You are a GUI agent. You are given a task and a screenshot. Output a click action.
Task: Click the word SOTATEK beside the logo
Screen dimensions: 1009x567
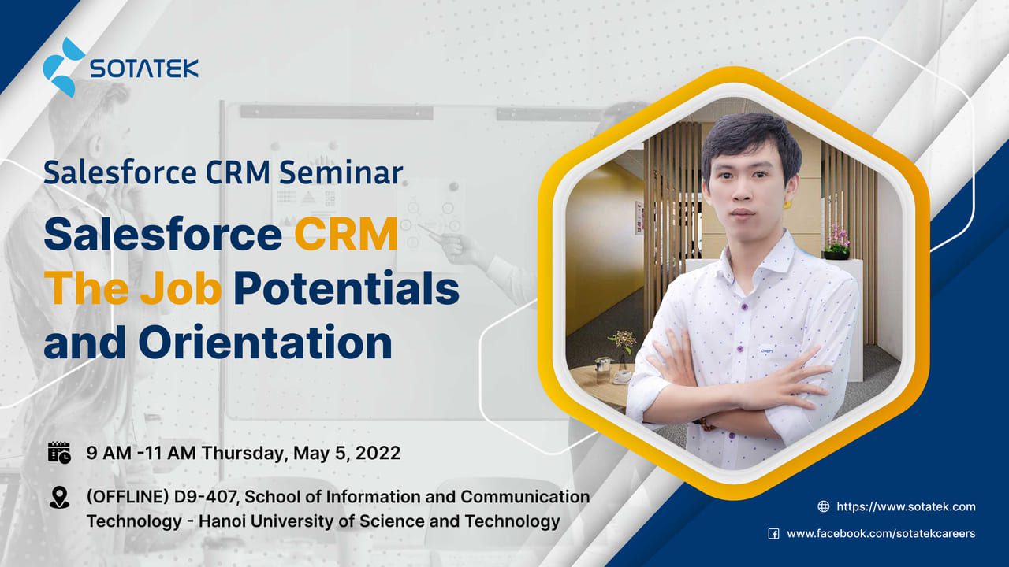point(143,69)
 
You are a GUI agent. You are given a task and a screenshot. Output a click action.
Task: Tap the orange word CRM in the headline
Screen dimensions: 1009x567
point(346,235)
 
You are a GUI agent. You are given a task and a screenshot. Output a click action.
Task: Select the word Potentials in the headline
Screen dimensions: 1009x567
point(345,289)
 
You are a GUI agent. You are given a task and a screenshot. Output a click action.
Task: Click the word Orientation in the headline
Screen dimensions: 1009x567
point(265,343)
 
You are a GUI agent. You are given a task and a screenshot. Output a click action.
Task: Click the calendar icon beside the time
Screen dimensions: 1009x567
point(59,452)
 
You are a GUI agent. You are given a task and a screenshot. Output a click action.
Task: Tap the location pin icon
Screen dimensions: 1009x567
point(59,498)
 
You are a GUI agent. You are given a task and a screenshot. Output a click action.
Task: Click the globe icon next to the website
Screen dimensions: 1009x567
point(824,506)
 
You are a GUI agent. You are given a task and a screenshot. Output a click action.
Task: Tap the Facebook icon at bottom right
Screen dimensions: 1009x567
point(773,534)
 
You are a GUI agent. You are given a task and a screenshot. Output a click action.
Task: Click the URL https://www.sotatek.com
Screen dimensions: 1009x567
point(906,506)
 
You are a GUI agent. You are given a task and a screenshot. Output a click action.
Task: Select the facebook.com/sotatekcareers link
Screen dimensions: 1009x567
point(881,534)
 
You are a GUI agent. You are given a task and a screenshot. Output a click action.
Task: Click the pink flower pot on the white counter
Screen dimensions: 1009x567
point(836,243)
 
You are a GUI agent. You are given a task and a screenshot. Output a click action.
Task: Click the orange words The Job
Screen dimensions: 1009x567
point(132,289)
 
